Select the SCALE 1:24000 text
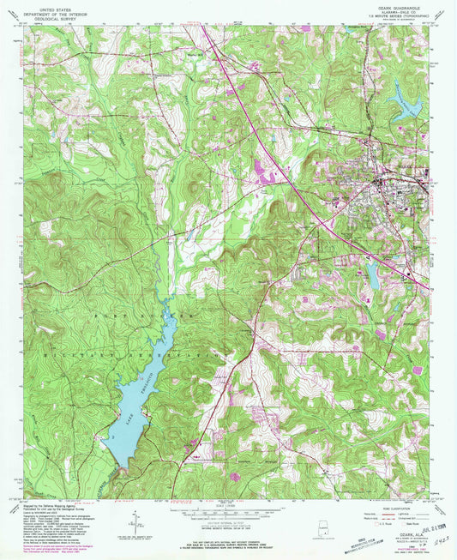(x=228, y=503)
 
